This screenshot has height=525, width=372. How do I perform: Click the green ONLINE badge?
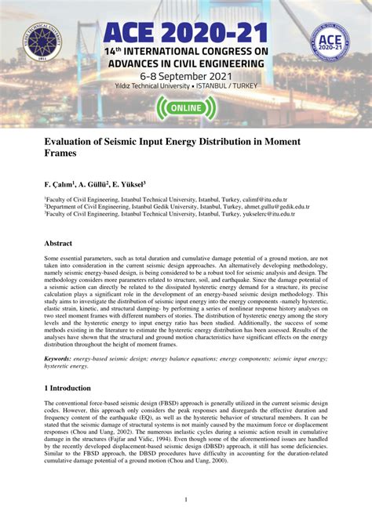point(185,107)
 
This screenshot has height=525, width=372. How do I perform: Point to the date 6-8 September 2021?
point(185,75)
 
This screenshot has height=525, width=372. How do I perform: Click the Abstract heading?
point(58,244)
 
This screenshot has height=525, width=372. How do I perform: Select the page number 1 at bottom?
point(185,500)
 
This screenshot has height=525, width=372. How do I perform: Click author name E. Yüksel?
point(129,183)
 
